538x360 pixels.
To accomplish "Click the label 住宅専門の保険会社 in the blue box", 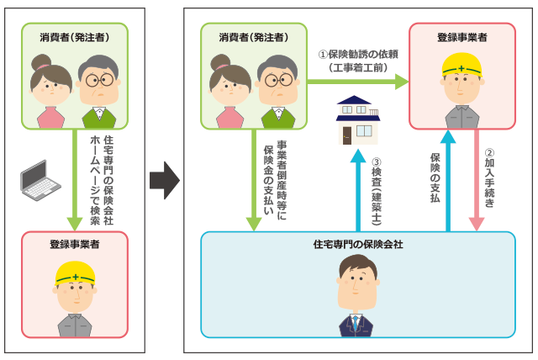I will point(358,244).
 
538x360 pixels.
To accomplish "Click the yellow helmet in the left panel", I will point(75,273).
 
